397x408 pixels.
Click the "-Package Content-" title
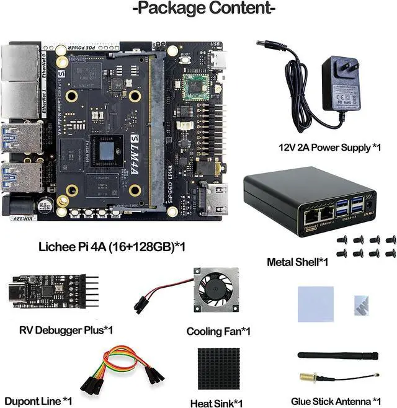click(203, 9)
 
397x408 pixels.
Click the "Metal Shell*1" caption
click(297, 262)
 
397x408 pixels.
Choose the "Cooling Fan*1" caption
click(218, 332)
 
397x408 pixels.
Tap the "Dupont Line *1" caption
click(38, 401)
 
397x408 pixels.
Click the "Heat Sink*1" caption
click(216, 403)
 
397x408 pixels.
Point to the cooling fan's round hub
click(218, 293)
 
